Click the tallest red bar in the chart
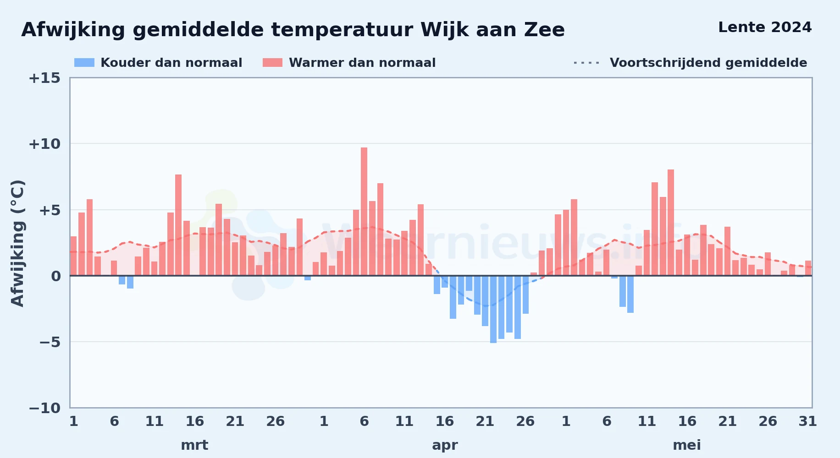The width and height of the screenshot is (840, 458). pyautogui.click(x=364, y=212)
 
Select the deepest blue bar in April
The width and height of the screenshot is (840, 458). pyautogui.click(x=493, y=309)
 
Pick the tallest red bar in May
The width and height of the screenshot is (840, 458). pyautogui.click(x=671, y=223)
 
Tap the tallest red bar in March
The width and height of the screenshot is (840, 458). pyautogui.click(x=178, y=225)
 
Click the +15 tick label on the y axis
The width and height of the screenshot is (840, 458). pyautogui.click(x=44, y=78)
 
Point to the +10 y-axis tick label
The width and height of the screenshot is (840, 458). pyautogui.click(x=44, y=144)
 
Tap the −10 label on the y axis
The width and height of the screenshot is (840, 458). pyautogui.click(x=44, y=408)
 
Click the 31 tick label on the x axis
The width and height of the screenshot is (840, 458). pyautogui.click(x=807, y=421)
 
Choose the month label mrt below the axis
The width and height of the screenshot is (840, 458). pyautogui.click(x=194, y=445)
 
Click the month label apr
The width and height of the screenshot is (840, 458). pyautogui.click(x=445, y=445)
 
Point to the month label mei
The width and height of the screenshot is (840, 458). pyautogui.click(x=687, y=445)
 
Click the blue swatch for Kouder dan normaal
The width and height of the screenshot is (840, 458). pyautogui.click(x=84, y=63)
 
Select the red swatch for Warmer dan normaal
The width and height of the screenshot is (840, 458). pyautogui.click(x=273, y=63)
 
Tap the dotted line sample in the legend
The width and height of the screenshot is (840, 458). pyautogui.click(x=586, y=63)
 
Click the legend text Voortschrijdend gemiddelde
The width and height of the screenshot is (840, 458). pyautogui.click(x=708, y=63)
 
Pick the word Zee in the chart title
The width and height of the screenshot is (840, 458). pyautogui.click(x=545, y=30)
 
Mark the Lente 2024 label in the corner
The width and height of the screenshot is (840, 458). pyautogui.click(x=765, y=27)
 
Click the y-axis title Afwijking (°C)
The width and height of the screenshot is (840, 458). pyautogui.click(x=17, y=243)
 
